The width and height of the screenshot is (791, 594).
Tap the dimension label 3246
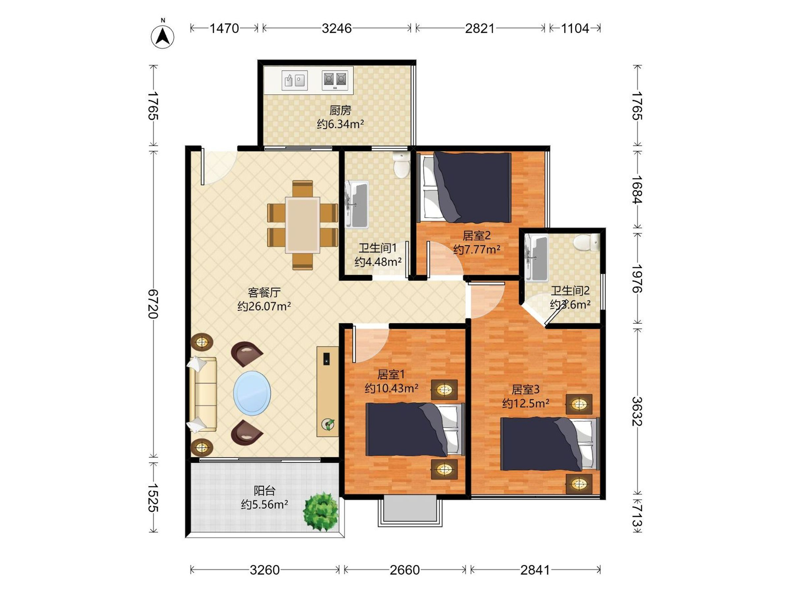click(337, 28)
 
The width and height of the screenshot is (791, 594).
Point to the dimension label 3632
click(637, 411)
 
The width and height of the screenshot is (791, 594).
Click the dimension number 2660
click(404, 570)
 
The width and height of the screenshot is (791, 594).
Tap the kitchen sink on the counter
click(295, 80)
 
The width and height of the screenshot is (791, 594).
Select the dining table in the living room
click(303, 225)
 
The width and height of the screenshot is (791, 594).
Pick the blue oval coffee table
click(252, 393)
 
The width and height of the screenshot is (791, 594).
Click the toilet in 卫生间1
click(401, 165)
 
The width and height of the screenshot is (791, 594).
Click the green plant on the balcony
click(320, 512)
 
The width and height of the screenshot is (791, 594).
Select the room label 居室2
click(476, 236)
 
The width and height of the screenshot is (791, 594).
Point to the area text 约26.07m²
click(264, 307)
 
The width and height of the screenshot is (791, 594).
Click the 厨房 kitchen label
click(340, 110)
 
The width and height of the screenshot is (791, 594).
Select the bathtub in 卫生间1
click(357, 205)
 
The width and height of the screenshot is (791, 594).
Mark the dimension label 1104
click(575, 28)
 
